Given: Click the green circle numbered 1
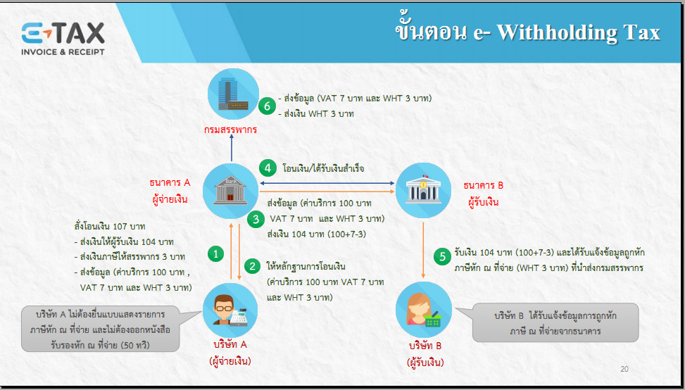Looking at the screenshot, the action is click(215, 253).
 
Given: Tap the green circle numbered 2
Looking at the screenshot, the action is click(252, 265).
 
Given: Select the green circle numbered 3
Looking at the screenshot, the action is click(256, 218).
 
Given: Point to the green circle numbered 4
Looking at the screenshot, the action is click(268, 168).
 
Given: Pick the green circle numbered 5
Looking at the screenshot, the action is click(442, 257).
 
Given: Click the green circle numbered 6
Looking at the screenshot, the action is click(267, 106).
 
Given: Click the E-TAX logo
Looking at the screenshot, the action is click(63, 39).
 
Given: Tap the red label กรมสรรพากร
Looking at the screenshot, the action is click(230, 130).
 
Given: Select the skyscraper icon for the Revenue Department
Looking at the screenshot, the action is click(233, 94).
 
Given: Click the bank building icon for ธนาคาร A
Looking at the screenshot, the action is click(230, 190).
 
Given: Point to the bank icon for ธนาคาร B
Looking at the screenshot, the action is click(423, 190).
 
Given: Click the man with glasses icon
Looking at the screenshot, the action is click(230, 310).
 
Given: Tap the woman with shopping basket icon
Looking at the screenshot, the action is click(423, 310).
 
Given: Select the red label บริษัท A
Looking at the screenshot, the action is click(230, 344).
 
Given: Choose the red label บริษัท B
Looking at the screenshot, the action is click(425, 346).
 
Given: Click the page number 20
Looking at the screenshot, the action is click(624, 370).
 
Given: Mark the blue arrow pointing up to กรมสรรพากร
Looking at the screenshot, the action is click(232, 148).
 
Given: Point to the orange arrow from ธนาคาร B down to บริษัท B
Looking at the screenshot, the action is click(423, 250).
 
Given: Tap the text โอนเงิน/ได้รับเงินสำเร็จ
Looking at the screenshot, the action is click(324, 168).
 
